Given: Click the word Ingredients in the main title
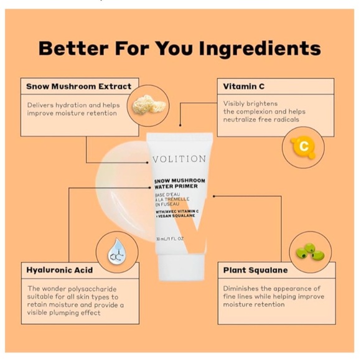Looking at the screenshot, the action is (x=260, y=49).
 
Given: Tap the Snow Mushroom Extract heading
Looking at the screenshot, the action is (x=79, y=87).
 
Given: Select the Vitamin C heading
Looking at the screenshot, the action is (x=244, y=87).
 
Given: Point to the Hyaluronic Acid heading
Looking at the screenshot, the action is (x=60, y=270).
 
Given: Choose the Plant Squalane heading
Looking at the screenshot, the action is (x=255, y=270).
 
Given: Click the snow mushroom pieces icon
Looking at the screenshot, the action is (x=149, y=105).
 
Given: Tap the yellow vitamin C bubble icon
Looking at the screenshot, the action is (x=303, y=147).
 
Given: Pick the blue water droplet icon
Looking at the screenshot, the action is (x=117, y=251).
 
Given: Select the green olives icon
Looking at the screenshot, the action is (x=311, y=252).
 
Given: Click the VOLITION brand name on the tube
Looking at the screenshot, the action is (x=179, y=159).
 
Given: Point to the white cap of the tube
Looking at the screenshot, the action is (x=180, y=267).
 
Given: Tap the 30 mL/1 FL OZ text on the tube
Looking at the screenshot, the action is (x=170, y=239).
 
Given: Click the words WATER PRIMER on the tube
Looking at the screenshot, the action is (x=176, y=186).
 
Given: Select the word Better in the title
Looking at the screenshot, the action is (x=73, y=49).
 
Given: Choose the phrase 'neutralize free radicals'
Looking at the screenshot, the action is (x=261, y=120).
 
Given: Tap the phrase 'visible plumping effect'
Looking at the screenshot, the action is (x=63, y=312).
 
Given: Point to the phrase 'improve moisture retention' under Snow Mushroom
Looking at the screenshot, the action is (x=72, y=113).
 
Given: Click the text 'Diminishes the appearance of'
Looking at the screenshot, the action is (x=271, y=288).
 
